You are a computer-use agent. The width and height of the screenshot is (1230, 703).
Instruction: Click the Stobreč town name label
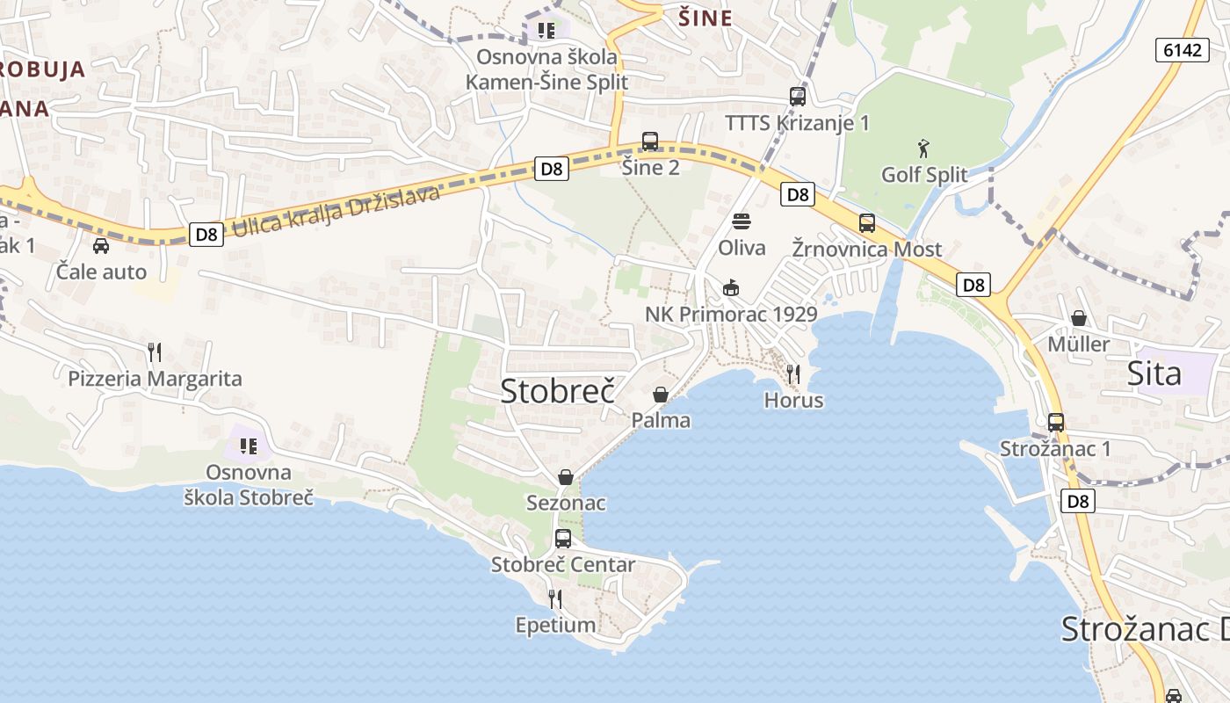558,391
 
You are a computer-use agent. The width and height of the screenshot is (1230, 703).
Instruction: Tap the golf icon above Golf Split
923,148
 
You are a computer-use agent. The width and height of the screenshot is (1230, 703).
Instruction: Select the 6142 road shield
1182,50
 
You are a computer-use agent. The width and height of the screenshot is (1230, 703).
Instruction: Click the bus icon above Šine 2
650,141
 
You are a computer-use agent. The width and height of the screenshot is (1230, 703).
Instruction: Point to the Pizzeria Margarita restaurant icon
155,352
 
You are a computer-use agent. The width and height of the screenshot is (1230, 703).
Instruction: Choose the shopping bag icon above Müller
1079,318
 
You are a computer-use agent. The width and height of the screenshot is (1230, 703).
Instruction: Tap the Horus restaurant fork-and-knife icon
793,374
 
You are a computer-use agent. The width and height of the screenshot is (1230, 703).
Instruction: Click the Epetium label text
555,625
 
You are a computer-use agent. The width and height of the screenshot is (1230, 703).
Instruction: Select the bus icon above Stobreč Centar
563,539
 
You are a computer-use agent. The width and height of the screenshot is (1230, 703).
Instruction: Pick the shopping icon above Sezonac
566,477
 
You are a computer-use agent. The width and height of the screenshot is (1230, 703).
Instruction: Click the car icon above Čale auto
101,246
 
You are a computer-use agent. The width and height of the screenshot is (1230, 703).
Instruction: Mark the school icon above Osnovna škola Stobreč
249,446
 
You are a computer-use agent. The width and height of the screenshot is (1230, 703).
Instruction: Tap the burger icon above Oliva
742,221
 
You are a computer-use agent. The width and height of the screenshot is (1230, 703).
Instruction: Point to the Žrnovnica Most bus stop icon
867,223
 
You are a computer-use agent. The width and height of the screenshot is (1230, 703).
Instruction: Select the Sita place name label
1154,373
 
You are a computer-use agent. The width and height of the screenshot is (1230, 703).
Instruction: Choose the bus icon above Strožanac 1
1056,423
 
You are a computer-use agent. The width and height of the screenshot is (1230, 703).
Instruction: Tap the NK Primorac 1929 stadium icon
730,287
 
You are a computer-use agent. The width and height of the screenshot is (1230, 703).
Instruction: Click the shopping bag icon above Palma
661,395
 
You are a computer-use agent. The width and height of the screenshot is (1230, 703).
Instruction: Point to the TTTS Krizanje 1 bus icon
798,97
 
